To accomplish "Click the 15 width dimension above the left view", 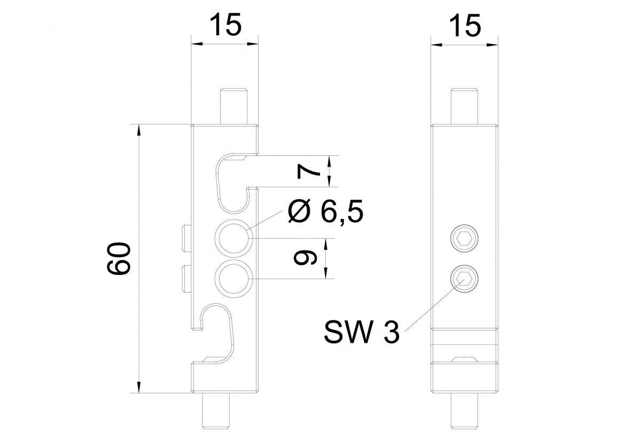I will [x=224, y=25].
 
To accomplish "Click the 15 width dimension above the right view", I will [x=464, y=25].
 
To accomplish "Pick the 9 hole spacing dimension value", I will [x=303, y=258].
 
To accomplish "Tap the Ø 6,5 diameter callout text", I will [x=325, y=213].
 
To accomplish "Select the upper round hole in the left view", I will [x=233, y=235].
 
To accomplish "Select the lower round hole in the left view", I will [x=233, y=278].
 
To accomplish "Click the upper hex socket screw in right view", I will [x=464, y=238].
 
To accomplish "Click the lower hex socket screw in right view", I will [x=464, y=278].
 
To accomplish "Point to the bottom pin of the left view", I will [x=217, y=411].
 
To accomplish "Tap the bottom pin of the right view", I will [x=464, y=411].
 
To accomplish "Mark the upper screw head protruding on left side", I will [x=186, y=239].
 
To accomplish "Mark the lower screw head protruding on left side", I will [x=186, y=278].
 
